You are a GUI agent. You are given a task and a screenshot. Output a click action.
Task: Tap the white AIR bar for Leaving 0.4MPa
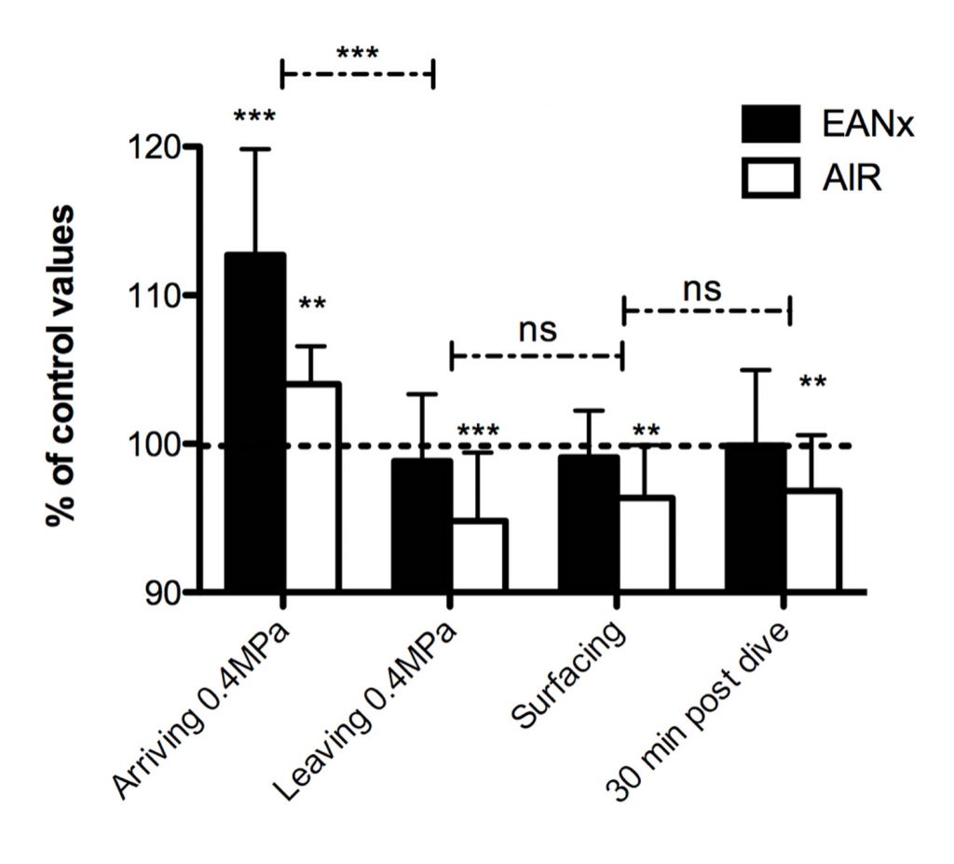477,555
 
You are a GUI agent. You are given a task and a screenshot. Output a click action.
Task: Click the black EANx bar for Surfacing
589,523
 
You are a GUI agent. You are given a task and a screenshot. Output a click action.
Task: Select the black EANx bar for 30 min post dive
756,517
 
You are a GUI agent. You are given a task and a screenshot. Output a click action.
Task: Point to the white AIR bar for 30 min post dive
811,541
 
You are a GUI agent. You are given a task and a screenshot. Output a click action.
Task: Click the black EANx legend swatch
770,123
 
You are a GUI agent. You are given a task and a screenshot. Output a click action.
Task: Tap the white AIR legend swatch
770,177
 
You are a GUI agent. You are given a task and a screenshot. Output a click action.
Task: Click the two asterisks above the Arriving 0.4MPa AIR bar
312,306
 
